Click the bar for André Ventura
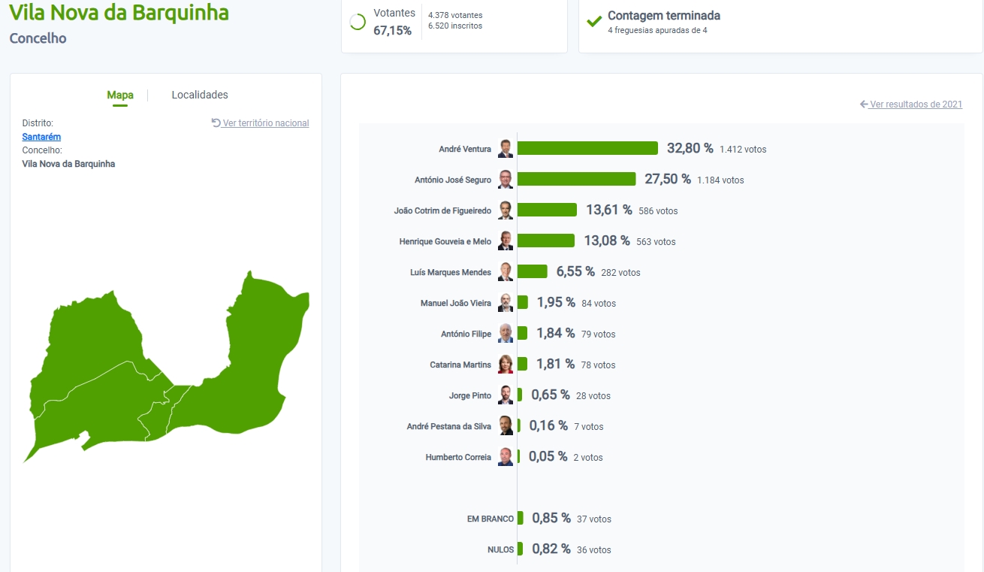pyautogui.click(x=587, y=149)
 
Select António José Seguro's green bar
pyautogui.click(x=576, y=180)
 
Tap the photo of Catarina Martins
pyautogui.click(x=506, y=365)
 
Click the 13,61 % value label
pyautogui.click(x=609, y=210)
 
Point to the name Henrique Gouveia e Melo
pyautogui.click(x=445, y=242)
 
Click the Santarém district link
pyautogui.click(x=41, y=137)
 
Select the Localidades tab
pyautogui.click(x=200, y=95)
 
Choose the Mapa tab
pyautogui.click(x=120, y=95)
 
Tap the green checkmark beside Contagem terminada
pyautogui.click(x=594, y=21)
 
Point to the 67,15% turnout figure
pyautogui.click(x=392, y=31)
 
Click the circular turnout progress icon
pyautogui.click(x=358, y=22)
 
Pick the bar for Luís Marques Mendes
pyautogui.click(x=533, y=271)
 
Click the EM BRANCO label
pyautogui.click(x=490, y=519)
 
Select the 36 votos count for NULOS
pyautogui.click(x=593, y=550)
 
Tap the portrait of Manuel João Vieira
pyautogui.click(x=506, y=303)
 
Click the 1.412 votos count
pyautogui.click(x=743, y=150)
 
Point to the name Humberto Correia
pyautogui.click(x=458, y=457)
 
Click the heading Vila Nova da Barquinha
pyautogui.click(x=119, y=13)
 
